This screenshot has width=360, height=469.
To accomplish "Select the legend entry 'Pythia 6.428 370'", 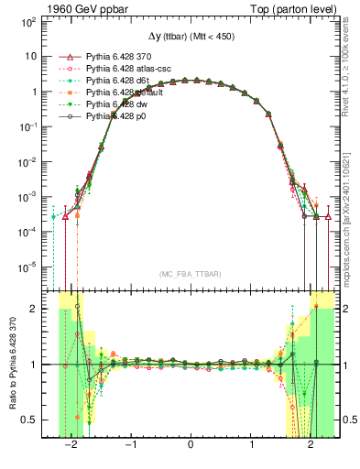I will click(x=120, y=57).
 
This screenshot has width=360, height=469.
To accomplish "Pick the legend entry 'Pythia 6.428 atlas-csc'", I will click(x=129, y=69).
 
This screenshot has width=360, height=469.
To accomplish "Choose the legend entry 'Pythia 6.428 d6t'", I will click(x=119, y=81).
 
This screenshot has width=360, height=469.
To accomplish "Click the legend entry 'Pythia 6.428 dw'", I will click(x=118, y=104).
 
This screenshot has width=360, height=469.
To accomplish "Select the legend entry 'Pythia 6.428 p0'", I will click(x=117, y=116).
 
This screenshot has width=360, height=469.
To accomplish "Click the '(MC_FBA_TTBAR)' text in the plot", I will click(x=189, y=275).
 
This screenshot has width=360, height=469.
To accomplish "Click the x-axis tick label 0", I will click(x=190, y=447).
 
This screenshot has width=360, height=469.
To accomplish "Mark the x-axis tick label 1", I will click(x=250, y=447).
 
